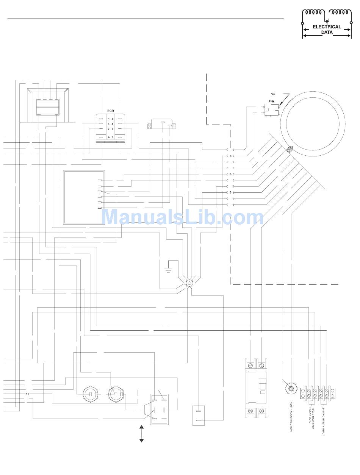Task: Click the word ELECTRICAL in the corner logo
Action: (327, 27)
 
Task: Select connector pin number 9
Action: (230, 156)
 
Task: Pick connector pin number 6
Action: (230, 174)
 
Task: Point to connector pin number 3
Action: (230, 192)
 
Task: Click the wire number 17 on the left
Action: (28, 394)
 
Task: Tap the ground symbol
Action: (167, 269)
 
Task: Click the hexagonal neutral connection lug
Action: (291, 388)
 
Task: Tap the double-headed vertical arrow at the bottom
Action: (142, 434)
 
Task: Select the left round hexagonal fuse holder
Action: (91, 394)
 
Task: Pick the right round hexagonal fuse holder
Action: (116, 394)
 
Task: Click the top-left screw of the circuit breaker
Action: (250, 365)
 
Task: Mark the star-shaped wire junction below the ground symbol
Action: (189, 283)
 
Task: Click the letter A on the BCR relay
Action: (109, 137)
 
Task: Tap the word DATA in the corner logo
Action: (327, 33)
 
